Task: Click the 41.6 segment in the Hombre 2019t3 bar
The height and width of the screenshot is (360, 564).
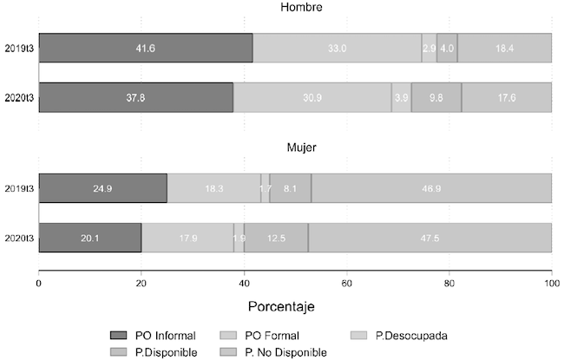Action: (x=145, y=48)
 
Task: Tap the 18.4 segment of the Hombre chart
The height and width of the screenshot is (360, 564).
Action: (x=504, y=48)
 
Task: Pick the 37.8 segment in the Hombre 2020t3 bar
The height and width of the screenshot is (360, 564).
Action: (x=135, y=97)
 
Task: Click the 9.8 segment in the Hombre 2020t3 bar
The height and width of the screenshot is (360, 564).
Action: (x=436, y=97)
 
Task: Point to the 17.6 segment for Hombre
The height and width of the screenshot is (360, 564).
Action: (x=507, y=97)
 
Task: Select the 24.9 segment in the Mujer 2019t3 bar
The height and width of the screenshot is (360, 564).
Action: (x=102, y=187)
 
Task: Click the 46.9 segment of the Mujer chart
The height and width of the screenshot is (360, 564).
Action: (x=431, y=187)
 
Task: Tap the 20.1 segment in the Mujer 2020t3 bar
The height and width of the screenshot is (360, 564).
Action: (x=90, y=237)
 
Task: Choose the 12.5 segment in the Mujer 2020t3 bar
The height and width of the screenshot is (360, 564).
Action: (x=276, y=237)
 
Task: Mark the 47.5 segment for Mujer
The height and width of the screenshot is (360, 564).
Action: (x=430, y=237)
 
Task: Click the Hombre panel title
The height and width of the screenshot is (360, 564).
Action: (x=295, y=8)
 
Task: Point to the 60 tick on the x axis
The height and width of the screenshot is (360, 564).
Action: (x=346, y=283)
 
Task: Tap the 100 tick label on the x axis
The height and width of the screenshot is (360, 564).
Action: (x=551, y=283)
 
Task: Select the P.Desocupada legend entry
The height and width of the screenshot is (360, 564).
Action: (x=407, y=336)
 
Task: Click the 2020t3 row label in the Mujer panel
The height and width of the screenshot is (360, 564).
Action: (x=17, y=237)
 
